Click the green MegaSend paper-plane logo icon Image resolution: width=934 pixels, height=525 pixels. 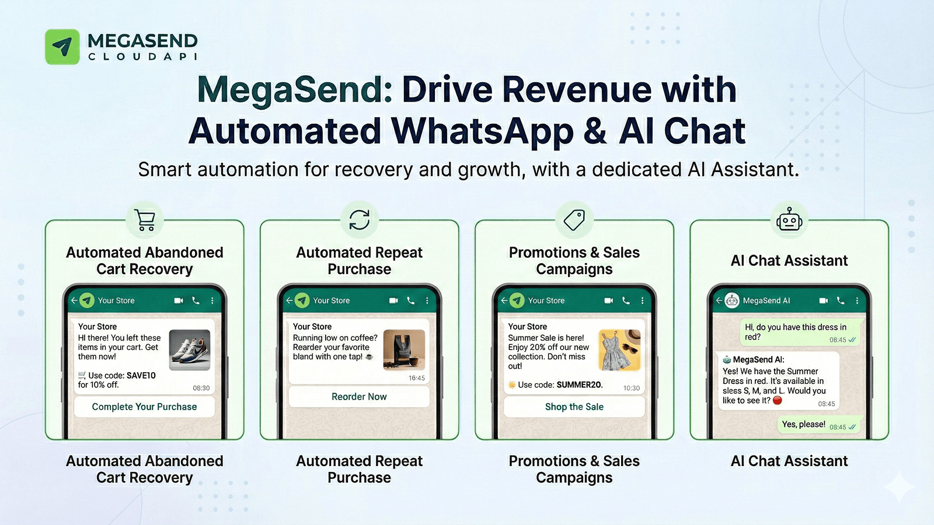point(62,47)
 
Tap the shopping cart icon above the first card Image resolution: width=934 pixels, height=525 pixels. point(145,220)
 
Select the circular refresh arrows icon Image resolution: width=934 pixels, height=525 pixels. point(360,220)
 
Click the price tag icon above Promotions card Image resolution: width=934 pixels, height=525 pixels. point(574,220)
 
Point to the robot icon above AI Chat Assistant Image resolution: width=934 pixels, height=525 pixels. point(789,220)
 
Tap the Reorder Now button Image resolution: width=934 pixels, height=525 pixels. point(359,397)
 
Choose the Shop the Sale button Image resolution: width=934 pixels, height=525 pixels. point(574,407)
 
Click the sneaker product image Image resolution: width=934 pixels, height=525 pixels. point(190,350)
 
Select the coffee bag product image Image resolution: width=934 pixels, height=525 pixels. point(404,350)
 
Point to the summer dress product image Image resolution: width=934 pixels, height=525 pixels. point(620,350)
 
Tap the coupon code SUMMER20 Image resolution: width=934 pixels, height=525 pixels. point(579,385)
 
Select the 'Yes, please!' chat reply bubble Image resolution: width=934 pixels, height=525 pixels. point(803,425)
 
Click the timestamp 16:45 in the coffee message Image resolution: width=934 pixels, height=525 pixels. point(417,378)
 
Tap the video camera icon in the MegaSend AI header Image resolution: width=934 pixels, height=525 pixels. point(823,300)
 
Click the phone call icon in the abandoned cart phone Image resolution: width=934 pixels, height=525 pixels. point(196,300)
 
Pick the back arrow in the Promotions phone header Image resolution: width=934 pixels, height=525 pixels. point(504,300)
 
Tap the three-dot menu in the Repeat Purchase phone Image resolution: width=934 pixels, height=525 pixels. point(427,300)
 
